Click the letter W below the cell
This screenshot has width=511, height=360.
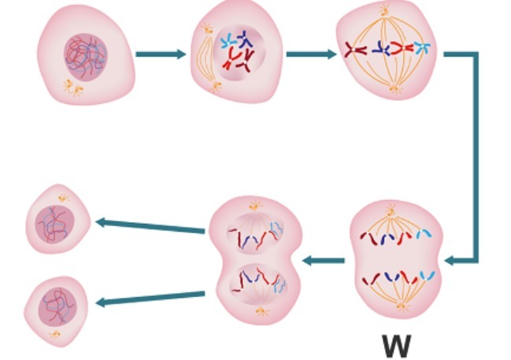396,345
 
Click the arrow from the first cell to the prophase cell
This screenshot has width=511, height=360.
160,54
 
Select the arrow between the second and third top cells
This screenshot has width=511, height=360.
310,54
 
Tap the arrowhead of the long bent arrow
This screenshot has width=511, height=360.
450,260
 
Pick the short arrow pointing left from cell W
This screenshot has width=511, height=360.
323,260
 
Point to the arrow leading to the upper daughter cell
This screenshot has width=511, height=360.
150,226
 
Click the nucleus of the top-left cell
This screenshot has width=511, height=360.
85,54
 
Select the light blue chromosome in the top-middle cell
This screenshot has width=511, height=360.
228,41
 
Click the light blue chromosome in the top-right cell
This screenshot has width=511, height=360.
423,48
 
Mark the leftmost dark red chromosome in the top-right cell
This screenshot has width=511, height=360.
355,50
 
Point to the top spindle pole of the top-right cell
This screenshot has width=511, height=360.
385,10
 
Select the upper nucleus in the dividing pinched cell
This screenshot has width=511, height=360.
255,232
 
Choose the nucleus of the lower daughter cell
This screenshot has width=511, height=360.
57,304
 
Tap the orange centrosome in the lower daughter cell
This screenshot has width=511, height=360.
54,336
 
